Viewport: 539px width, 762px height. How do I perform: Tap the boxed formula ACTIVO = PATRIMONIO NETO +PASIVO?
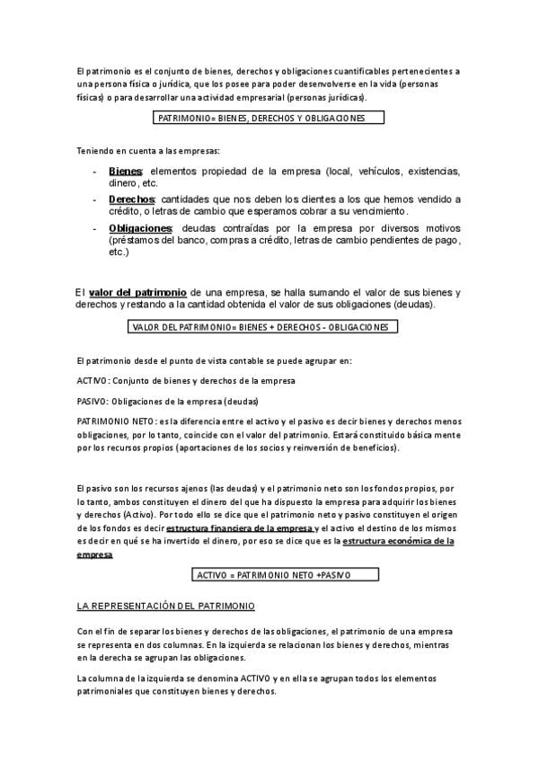[273, 574]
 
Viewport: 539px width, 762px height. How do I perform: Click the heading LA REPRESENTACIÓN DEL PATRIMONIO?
[166, 607]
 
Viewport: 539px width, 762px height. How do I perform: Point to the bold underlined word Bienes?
[125, 171]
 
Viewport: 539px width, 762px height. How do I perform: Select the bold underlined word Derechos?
[131, 199]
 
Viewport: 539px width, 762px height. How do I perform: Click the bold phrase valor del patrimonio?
[137, 293]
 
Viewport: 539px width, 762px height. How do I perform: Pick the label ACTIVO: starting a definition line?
[93, 381]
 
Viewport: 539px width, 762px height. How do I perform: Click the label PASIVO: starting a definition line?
[93, 401]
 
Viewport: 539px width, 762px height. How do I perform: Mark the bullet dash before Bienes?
[95, 171]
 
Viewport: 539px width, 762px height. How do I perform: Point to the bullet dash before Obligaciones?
[95, 228]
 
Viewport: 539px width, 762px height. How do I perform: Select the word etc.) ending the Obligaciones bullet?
[119, 253]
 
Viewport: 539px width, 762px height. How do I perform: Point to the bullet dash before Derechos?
[95, 199]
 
